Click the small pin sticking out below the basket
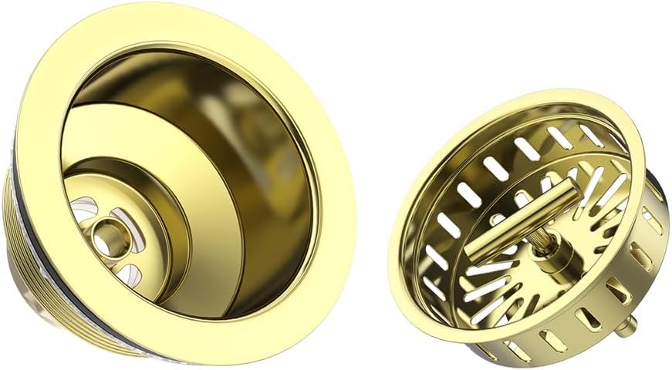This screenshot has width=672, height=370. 630,327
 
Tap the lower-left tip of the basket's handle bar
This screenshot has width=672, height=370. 472,254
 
